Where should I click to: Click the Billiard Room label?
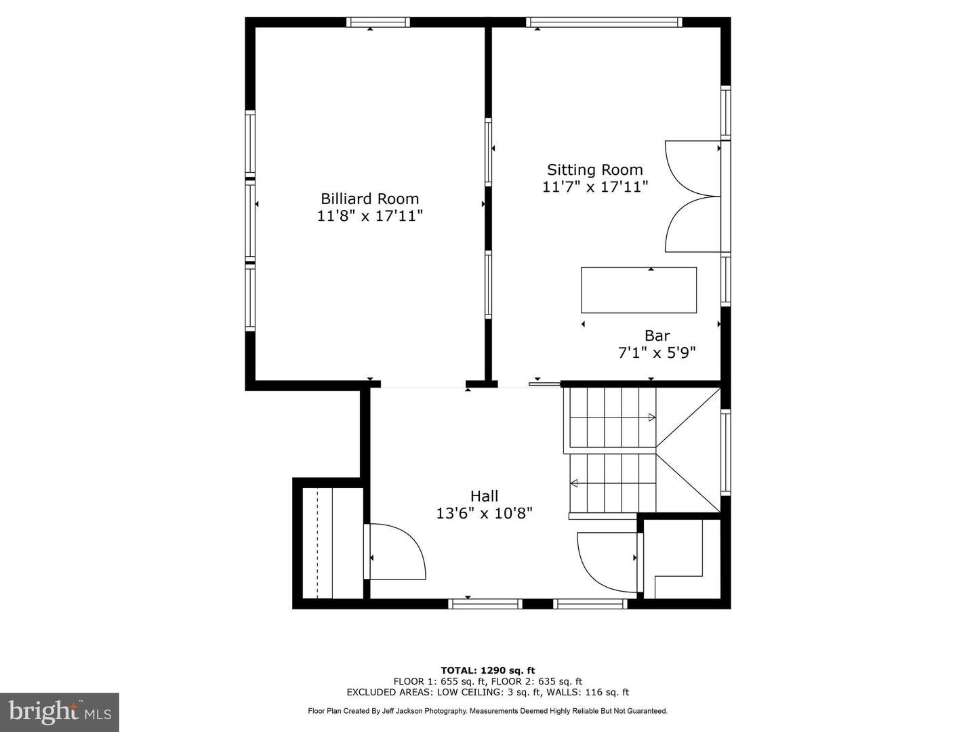point(369,199)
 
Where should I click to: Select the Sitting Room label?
point(594,169)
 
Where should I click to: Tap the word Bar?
point(657,335)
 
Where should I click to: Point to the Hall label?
point(484,496)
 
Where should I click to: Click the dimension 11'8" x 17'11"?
point(369,216)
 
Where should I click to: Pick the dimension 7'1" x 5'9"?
point(657,352)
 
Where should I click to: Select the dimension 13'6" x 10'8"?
point(484,514)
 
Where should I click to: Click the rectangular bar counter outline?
point(638,290)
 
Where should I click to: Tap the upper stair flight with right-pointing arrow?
point(612,417)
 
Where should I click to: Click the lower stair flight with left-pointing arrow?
point(612,483)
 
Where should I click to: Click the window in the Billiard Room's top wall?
point(378,22)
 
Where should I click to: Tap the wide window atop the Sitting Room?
point(603,22)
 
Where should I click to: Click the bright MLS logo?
point(60,712)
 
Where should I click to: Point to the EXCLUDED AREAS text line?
point(487,692)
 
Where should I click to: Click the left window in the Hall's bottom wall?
point(485,603)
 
